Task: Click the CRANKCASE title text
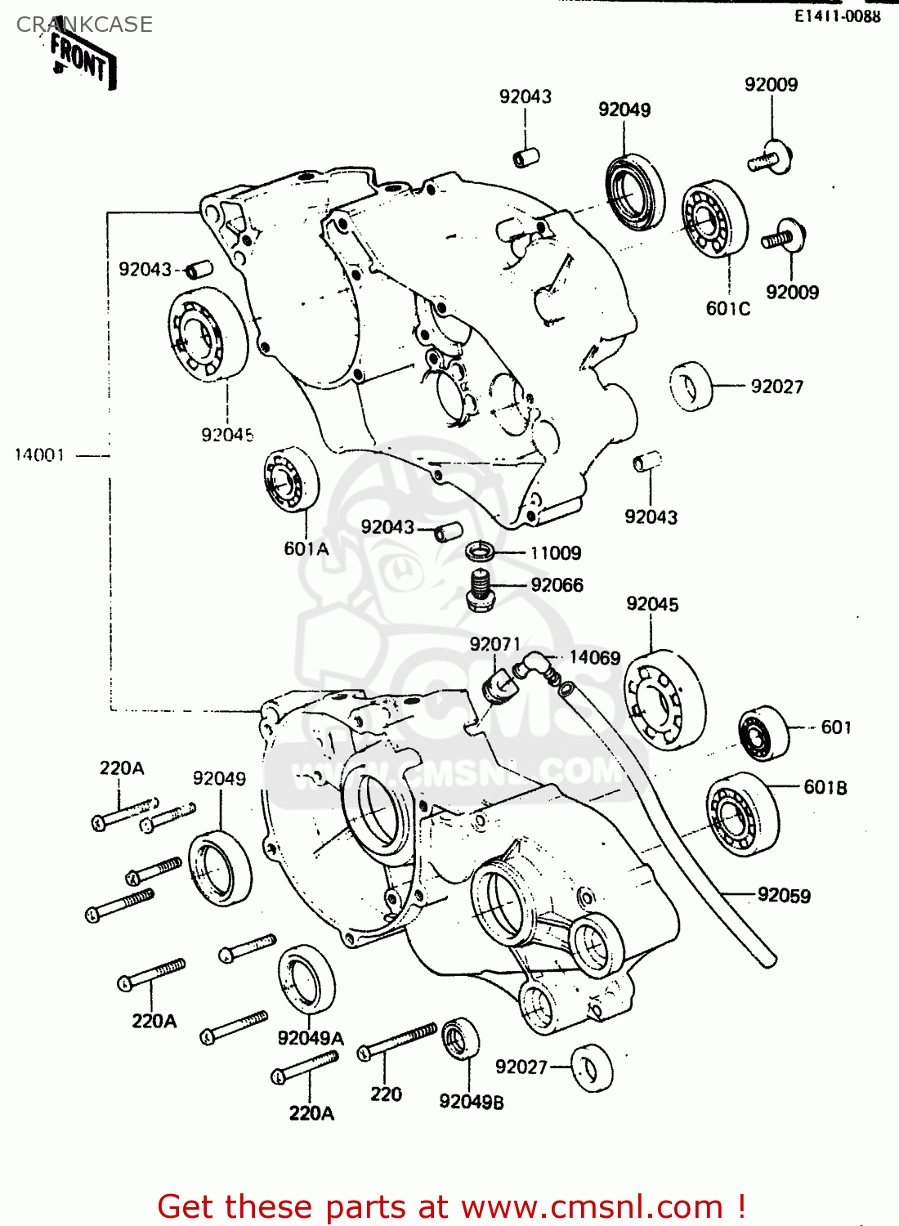point(84,25)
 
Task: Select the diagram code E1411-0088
point(838,16)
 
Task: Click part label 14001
point(39,455)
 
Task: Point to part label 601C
point(727,308)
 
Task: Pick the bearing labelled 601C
point(714,218)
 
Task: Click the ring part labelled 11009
point(480,552)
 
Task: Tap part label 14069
point(594,658)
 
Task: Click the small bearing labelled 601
point(763,732)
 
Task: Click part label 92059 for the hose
point(784,895)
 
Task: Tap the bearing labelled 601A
point(291,480)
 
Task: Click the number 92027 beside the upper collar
point(776,387)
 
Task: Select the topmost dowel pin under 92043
point(526,156)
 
